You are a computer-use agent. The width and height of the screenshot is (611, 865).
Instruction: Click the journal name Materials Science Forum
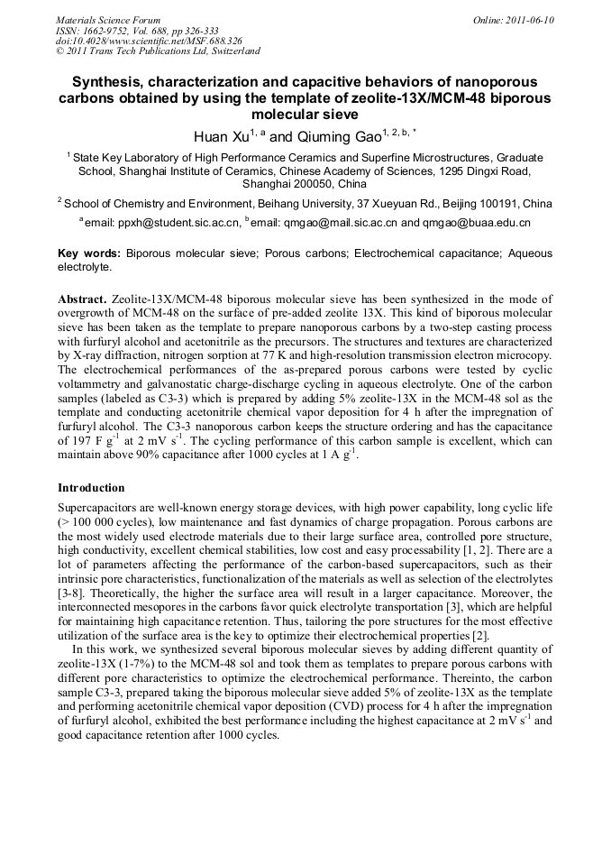[108, 20]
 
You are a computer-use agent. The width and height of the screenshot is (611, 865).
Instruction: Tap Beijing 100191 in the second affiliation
[488, 203]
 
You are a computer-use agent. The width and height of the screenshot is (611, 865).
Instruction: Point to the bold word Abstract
[82, 299]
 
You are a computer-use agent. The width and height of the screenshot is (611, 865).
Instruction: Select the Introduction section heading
[91, 488]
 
